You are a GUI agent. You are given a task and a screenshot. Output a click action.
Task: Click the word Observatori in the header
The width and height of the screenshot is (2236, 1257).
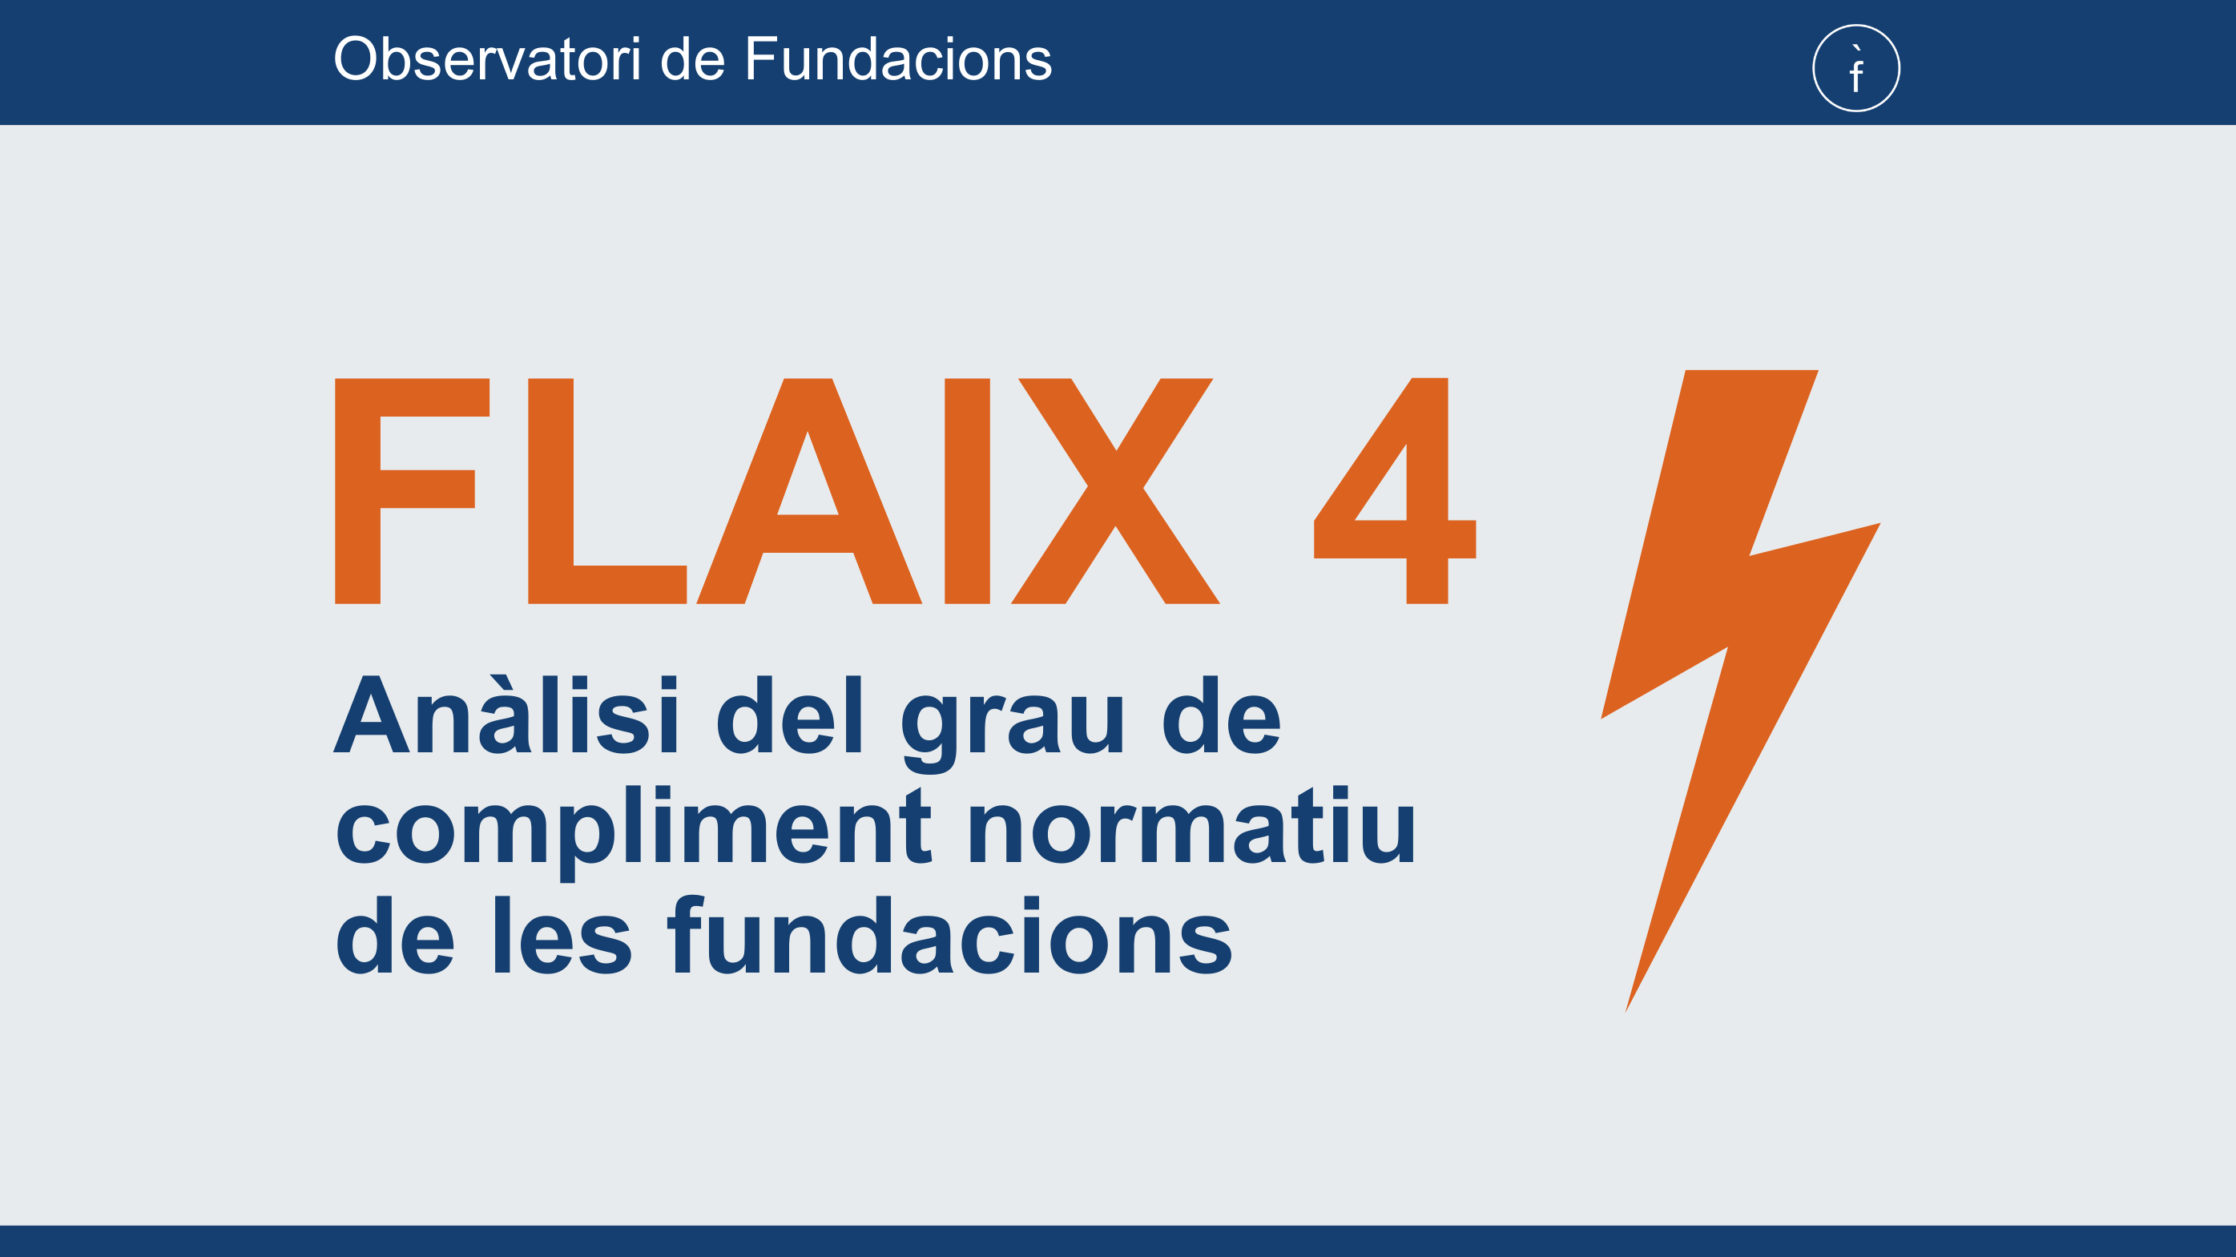(487, 59)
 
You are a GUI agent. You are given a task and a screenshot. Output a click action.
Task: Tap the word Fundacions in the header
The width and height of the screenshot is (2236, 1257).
(898, 59)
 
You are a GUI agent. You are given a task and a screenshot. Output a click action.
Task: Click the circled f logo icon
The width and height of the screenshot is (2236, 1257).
(1855, 68)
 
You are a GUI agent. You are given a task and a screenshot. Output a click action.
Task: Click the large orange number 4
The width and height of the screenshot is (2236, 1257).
(1395, 490)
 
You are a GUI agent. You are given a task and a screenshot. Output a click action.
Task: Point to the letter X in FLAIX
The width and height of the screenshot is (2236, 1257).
(1115, 490)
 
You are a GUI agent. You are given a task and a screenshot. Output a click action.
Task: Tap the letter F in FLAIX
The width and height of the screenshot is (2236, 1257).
(413, 490)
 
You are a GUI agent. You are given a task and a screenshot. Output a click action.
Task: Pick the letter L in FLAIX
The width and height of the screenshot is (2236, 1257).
(607, 490)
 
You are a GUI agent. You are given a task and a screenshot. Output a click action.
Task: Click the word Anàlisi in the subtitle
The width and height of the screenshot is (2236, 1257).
(506, 714)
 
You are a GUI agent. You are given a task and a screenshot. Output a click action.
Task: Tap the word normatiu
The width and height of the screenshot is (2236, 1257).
(1191, 824)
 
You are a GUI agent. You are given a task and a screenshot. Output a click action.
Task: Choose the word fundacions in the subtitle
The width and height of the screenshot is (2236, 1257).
(949, 934)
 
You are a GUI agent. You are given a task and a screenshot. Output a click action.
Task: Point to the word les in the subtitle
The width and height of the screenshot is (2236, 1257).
(562, 934)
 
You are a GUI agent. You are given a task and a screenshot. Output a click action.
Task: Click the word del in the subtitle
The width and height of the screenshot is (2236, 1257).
(790, 714)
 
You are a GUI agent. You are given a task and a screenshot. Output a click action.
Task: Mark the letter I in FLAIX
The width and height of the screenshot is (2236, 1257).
(967, 490)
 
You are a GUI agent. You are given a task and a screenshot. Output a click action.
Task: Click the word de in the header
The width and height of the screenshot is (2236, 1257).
(692, 59)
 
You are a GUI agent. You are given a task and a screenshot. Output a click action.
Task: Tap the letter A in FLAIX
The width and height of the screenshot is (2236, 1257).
(808, 490)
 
